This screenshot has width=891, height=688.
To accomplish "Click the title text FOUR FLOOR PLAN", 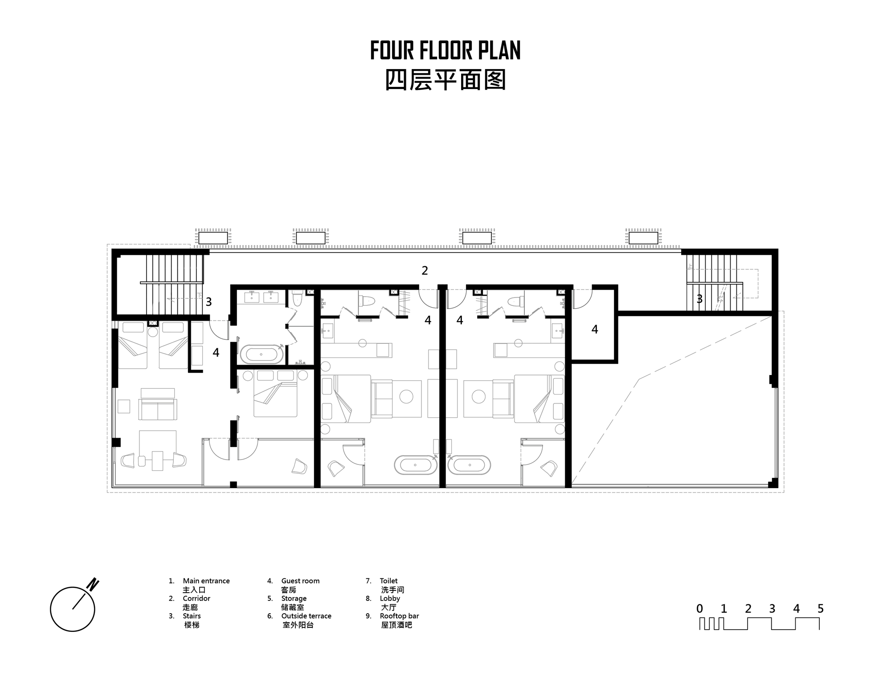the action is (x=445, y=50).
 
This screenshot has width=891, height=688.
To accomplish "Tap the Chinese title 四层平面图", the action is (x=445, y=81).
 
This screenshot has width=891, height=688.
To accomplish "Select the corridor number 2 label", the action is (x=425, y=270).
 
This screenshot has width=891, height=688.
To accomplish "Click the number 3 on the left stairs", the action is (x=208, y=302).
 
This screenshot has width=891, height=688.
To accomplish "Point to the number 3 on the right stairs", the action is (x=699, y=299).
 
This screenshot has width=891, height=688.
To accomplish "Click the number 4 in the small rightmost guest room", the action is (x=595, y=330).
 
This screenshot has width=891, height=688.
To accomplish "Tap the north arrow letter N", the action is (x=93, y=584).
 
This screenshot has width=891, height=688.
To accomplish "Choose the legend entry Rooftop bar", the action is (x=399, y=616).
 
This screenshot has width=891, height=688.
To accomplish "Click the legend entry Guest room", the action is (x=300, y=581).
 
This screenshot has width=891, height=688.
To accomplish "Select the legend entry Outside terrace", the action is (x=306, y=616).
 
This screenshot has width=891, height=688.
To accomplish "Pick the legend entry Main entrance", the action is (x=206, y=581).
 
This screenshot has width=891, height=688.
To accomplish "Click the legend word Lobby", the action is (x=390, y=598).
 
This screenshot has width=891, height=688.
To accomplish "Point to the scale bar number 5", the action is (x=821, y=609).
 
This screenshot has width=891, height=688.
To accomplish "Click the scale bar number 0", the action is (x=700, y=609).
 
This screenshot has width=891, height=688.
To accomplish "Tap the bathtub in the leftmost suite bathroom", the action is (x=262, y=354).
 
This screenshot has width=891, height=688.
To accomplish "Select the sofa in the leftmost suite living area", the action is (x=157, y=409).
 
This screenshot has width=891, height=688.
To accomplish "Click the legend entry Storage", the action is (x=294, y=598).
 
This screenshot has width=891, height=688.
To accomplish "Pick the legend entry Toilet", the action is (x=388, y=581).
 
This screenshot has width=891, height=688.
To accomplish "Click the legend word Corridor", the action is (x=196, y=598).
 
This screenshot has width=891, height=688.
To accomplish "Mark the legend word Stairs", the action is (x=192, y=616).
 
